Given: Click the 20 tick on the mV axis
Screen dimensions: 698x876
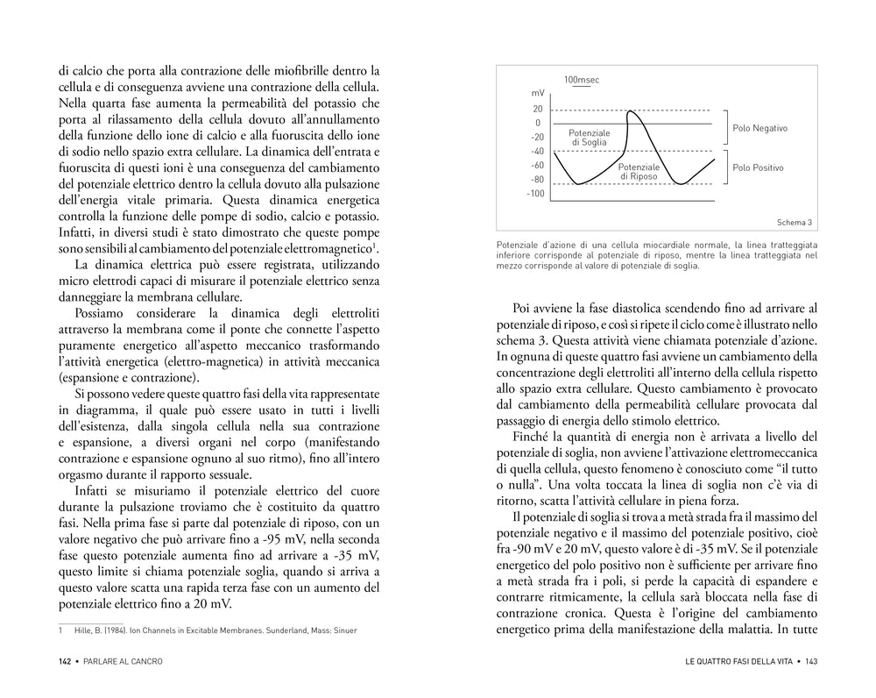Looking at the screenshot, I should click(x=537, y=109).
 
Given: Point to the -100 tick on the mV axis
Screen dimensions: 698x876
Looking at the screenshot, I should click(x=534, y=193).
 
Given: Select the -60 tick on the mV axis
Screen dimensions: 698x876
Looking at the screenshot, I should click(x=536, y=165).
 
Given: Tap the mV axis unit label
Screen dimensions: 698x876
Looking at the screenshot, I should click(x=537, y=93).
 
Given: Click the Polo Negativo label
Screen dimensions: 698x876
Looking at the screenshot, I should click(x=759, y=128).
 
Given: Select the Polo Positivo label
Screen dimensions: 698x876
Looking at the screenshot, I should click(x=758, y=167).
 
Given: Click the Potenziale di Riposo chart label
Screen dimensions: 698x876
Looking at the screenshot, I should click(x=639, y=171).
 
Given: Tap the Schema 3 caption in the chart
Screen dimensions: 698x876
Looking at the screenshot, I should click(x=795, y=223).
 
